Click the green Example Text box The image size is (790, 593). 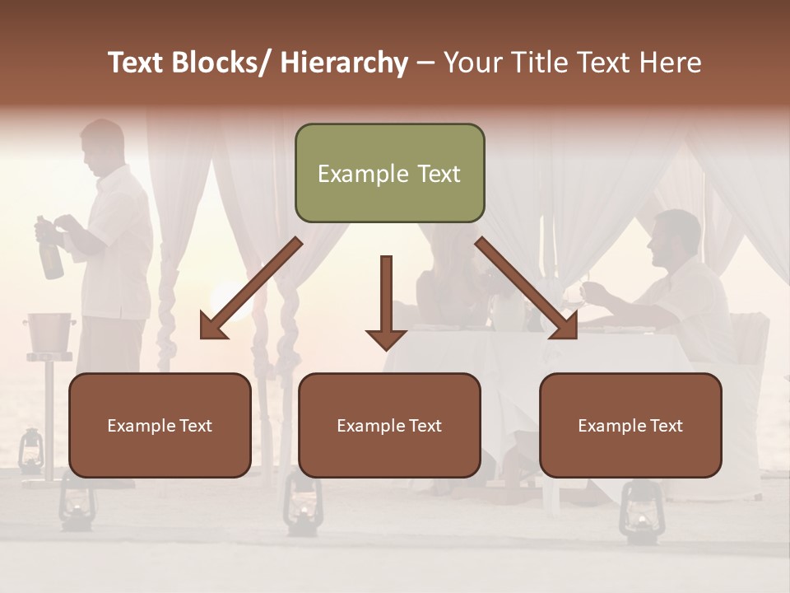point(389,173)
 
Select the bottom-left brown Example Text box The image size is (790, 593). point(160,425)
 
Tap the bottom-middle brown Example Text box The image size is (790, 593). point(389,425)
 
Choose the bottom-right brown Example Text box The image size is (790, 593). point(630,425)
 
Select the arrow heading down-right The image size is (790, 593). point(527,289)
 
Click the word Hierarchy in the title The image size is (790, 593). point(344,63)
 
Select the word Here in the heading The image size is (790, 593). point(668,63)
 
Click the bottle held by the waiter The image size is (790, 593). point(49,251)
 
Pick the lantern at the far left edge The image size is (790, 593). point(31,450)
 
